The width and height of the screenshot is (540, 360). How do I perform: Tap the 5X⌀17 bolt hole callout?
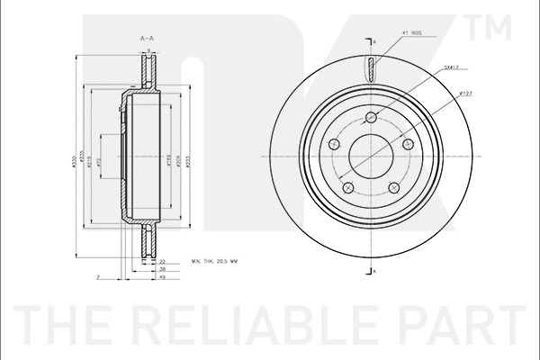point(453,67)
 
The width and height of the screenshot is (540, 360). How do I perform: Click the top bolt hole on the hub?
point(373,116)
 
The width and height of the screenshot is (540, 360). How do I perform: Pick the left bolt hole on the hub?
point(335,145)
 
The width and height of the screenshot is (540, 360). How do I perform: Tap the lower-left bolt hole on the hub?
point(349,188)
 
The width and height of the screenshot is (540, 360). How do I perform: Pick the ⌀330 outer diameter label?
point(74,160)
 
